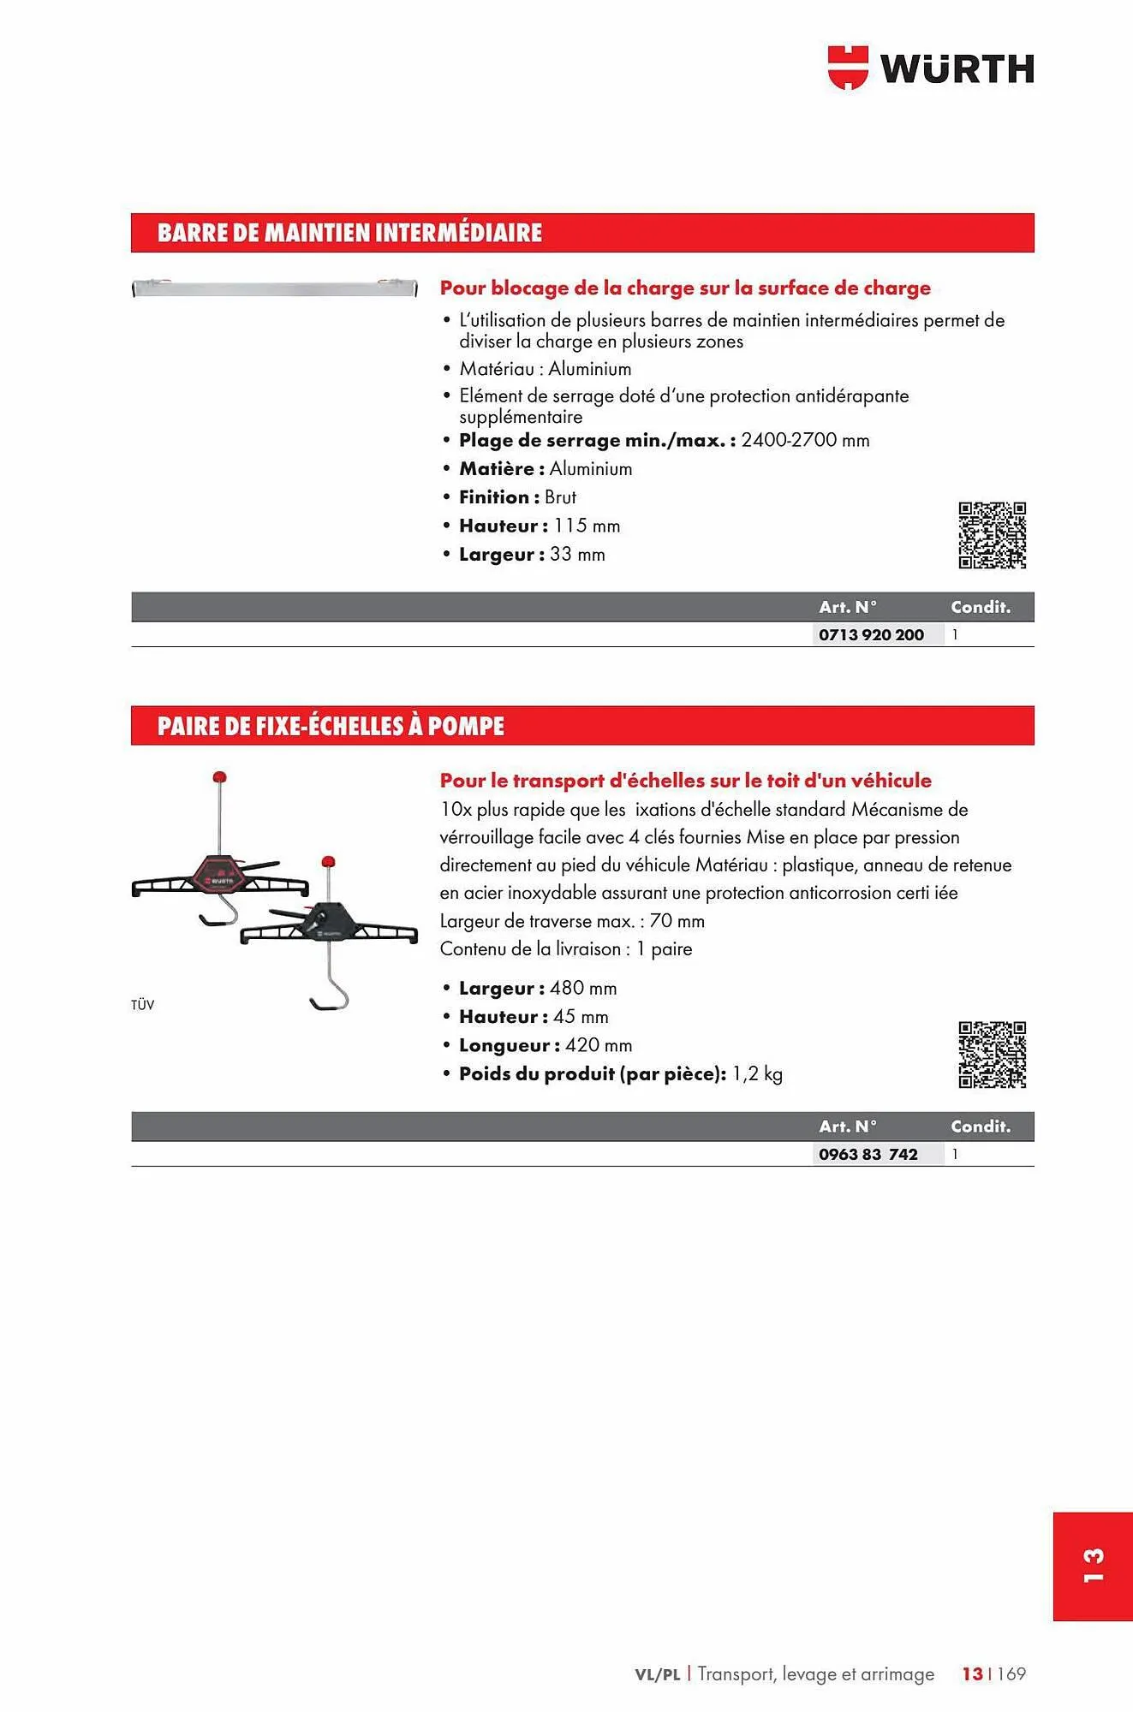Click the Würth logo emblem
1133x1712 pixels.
pyautogui.click(x=848, y=68)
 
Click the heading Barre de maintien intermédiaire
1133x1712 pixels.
pyautogui.click(x=349, y=233)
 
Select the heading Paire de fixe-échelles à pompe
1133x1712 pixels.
pyautogui.click(x=331, y=726)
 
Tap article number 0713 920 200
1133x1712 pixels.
pyautogui.click(x=871, y=634)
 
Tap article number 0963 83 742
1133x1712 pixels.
pyautogui.click(x=868, y=1154)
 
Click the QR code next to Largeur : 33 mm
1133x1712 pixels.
pyautogui.click(x=992, y=535)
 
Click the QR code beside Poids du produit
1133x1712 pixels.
pyautogui.click(x=992, y=1055)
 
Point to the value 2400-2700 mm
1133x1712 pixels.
pyautogui.click(x=805, y=440)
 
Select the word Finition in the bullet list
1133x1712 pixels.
pyautogui.click(x=494, y=497)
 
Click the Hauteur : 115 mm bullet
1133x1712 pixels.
pyautogui.click(x=540, y=526)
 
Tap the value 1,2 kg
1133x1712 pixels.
pyautogui.click(x=757, y=1074)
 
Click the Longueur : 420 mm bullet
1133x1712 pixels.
pyautogui.click(x=546, y=1045)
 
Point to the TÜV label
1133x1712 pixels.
pyautogui.click(x=143, y=1005)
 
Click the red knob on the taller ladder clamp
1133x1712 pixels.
pyautogui.click(x=219, y=777)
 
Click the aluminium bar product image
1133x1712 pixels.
pyautogui.click(x=274, y=288)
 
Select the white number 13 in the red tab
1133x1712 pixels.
pyautogui.click(x=1093, y=1566)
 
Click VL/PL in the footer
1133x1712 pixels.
pyautogui.click(x=657, y=1674)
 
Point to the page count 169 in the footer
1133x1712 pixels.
pyautogui.click(x=1011, y=1673)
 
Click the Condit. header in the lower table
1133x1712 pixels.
pyautogui.click(x=981, y=1126)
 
